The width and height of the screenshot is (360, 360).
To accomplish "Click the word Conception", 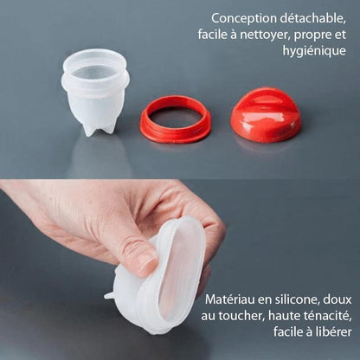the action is [243, 19].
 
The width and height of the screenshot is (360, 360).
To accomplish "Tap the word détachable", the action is [312, 18].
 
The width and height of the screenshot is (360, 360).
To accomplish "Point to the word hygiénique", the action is [314, 51].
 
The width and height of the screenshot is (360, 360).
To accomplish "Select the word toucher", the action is [241, 316].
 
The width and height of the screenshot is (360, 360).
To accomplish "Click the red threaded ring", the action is [176, 119].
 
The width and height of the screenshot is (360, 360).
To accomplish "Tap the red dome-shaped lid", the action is [266, 115].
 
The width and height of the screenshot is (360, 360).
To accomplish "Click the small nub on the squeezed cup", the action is [109, 295].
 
